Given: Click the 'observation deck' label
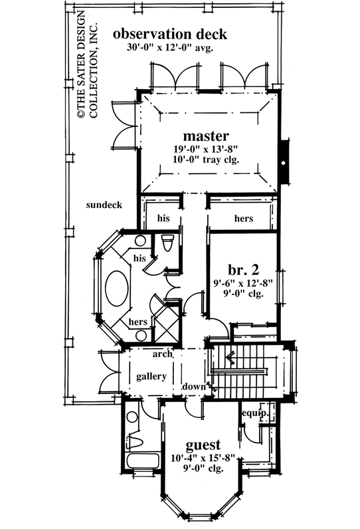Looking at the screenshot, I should click(x=170, y=33).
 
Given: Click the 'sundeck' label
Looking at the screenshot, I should click(x=104, y=205).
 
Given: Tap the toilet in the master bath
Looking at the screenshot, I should click(x=166, y=243).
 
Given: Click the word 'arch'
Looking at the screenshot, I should click(x=163, y=354).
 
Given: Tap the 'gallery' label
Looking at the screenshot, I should click(x=151, y=376).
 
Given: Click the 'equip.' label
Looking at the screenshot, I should click(x=256, y=413).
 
